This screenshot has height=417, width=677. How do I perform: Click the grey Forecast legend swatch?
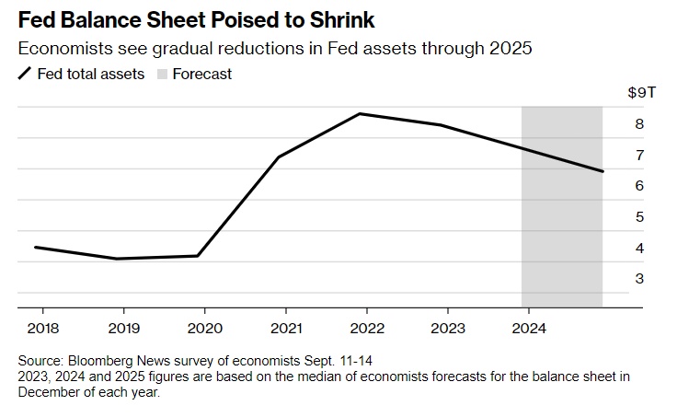coord(164,74)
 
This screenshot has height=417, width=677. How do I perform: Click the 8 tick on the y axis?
coord(638,124)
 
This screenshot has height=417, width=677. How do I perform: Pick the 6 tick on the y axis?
coord(638,186)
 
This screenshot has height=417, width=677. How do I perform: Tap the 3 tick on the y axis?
coord(638,279)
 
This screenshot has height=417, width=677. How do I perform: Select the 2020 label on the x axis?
coord(204,329)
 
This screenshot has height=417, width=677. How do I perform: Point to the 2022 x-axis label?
coord(367,329)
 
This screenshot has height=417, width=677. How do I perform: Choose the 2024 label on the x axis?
coord(530,329)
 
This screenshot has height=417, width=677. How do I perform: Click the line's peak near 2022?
coord(361,114)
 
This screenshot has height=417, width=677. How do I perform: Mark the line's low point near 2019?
coord(117,259)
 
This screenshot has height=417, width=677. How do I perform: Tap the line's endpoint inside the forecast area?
coord(602,171)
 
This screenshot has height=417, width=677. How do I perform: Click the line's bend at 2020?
coord(198,256)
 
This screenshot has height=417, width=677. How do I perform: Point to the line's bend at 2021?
coord(279,156)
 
